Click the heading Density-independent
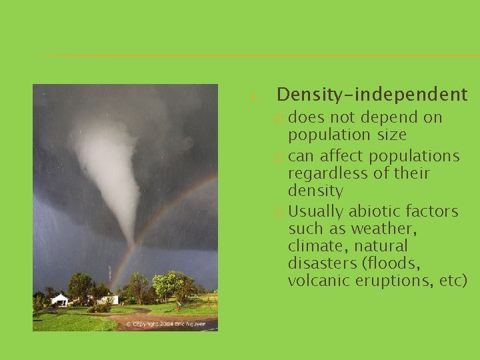[x=372, y=95]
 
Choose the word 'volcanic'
[x=317, y=281]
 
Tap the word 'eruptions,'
[x=393, y=281]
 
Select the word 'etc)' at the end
[x=453, y=281]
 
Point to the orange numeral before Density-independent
[x=253, y=97]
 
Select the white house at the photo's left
[x=60, y=300]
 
